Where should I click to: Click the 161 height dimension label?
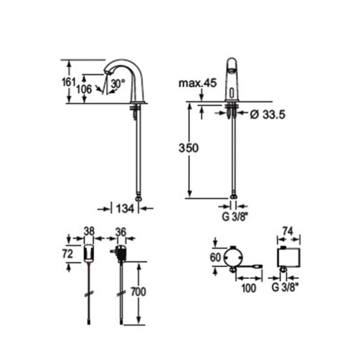pyautogui.click(x=68, y=82)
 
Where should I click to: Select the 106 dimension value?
pyautogui.click(x=84, y=89)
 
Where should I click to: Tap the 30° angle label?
pyautogui.click(x=118, y=83)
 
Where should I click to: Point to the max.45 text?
pyautogui.click(x=197, y=83)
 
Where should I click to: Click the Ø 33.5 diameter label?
pyautogui.click(x=268, y=115)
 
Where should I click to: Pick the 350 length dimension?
pyautogui.click(x=188, y=148)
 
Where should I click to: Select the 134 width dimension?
pyautogui.click(x=125, y=209)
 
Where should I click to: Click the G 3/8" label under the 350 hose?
pyautogui.click(x=235, y=217)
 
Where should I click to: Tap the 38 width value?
pyautogui.click(x=89, y=231)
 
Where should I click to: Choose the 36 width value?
pyautogui.click(x=121, y=232)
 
